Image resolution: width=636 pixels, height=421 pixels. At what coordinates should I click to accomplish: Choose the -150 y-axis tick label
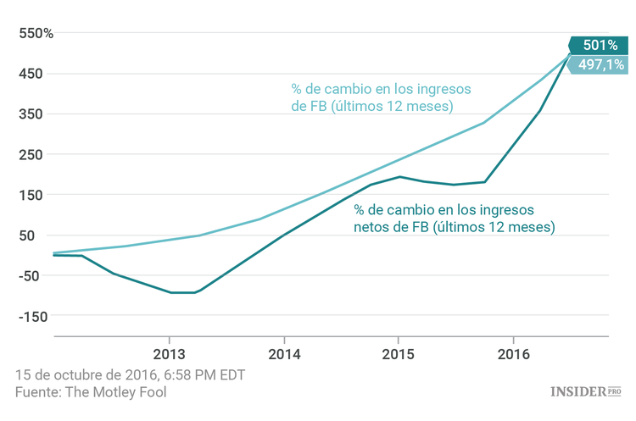point(29,316)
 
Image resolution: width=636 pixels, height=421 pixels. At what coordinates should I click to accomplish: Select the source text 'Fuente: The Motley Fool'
point(91,391)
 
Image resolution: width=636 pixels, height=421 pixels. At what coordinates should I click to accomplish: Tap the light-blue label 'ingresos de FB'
point(382,97)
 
